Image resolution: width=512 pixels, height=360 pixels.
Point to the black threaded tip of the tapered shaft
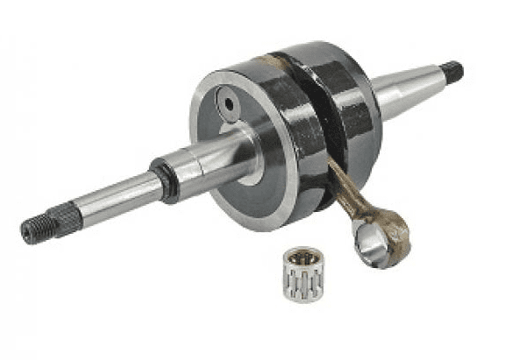[x=452, y=71]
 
